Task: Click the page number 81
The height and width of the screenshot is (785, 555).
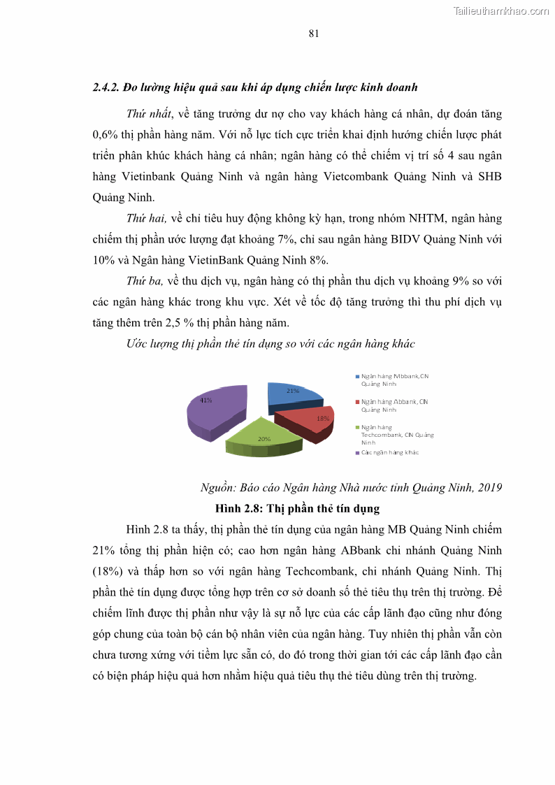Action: [x=314, y=34]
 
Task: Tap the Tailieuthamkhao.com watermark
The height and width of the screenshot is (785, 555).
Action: [x=500, y=10]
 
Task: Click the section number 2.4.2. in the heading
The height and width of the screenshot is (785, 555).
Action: [x=106, y=87]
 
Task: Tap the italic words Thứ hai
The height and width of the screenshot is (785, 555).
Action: [x=145, y=219]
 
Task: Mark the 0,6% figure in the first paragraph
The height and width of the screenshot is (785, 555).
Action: [x=105, y=135]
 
